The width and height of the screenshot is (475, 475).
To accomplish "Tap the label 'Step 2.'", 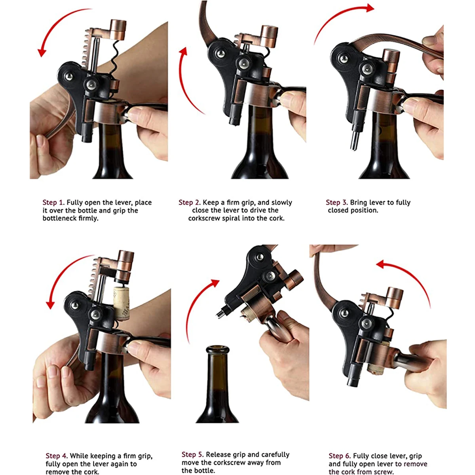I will pyautogui.click(x=190, y=203).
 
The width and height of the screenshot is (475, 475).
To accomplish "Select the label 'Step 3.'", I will pyautogui.click(x=337, y=203).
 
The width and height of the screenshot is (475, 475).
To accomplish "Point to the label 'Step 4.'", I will pyautogui.click(x=57, y=456).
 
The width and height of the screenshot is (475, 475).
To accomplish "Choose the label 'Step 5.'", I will pyautogui.click(x=192, y=455).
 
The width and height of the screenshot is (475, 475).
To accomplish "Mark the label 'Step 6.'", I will pyautogui.click(x=340, y=456).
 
